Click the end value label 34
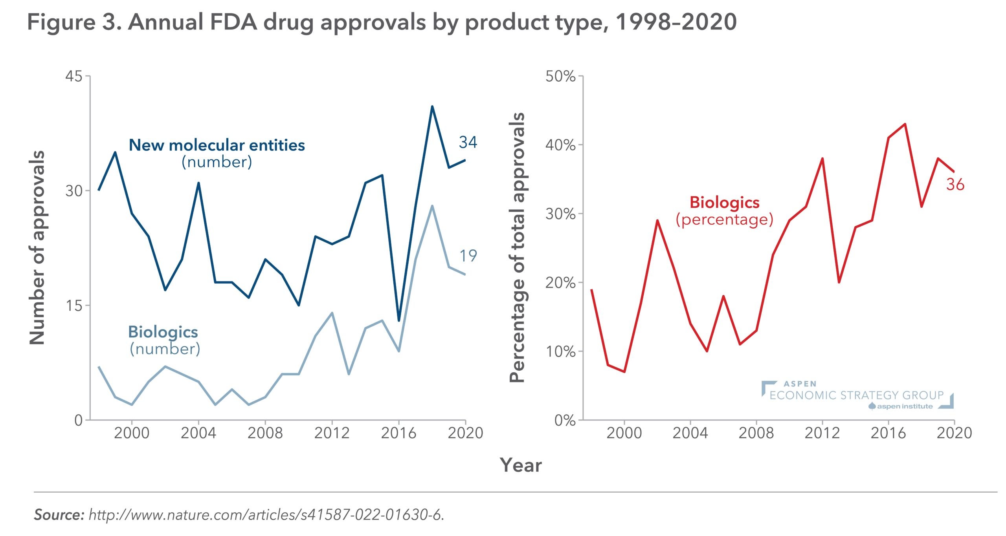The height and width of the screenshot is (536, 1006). [x=468, y=142]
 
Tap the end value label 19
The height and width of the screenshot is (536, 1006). [x=468, y=256]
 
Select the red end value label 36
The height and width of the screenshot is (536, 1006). [x=955, y=185]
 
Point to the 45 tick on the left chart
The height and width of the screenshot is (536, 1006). [x=74, y=76]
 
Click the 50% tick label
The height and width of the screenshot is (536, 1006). [x=560, y=76]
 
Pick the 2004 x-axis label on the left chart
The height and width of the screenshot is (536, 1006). [x=198, y=433]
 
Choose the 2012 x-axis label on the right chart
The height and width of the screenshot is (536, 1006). [x=822, y=433]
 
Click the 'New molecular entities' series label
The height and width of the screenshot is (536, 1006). [x=217, y=145]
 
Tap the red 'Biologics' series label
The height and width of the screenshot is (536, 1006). [x=725, y=203]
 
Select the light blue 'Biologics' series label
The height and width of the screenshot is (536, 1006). [x=163, y=332]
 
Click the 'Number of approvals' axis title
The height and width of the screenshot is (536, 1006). [x=37, y=248]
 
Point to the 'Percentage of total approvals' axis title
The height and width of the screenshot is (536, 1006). [x=517, y=248]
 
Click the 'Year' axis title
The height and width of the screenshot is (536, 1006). [x=521, y=465]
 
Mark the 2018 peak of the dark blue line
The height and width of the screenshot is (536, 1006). [x=432, y=106]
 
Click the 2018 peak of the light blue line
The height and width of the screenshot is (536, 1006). [x=432, y=206]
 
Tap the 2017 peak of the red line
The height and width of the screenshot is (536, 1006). [x=905, y=124]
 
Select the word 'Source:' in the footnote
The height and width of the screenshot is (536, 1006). [x=59, y=514]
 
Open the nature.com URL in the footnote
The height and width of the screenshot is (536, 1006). [x=266, y=514]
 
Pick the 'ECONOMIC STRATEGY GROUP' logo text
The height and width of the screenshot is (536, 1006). [x=857, y=395]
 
